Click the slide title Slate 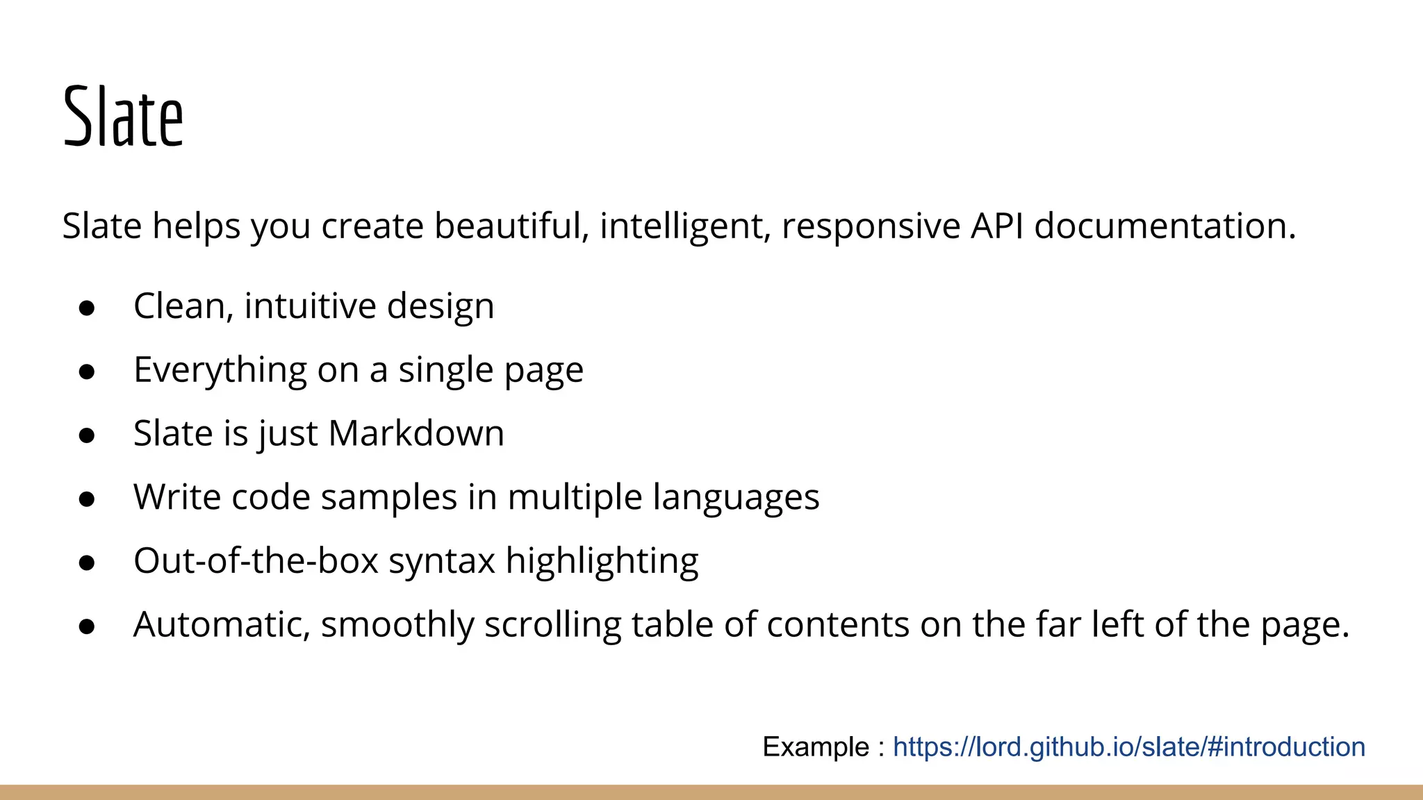coord(123,117)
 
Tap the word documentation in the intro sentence coord(1165,226)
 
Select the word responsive coord(871,227)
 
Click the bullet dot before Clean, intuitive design coord(87,308)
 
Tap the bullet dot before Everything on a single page coord(87,372)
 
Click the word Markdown coord(416,433)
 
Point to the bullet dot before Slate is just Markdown coord(87,435)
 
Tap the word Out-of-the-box coord(256,560)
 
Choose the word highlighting coord(602,562)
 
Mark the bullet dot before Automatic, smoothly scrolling coord(87,626)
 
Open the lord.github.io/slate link coord(1129,747)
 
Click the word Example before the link coord(816,747)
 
